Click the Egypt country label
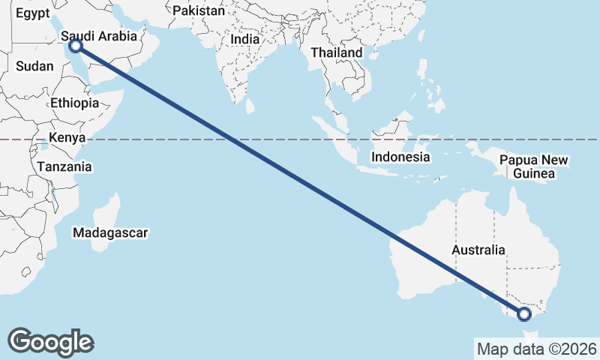pos(33,14)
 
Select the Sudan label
pos(34,66)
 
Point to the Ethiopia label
pos(75,103)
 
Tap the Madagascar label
pos(110,232)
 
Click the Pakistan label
pos(198,11)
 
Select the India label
pos(245,39)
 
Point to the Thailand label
pos(337,52)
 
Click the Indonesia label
pos(401,157)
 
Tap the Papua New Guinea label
pos(534,166)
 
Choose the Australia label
pos(478,250)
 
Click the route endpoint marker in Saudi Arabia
pos(75,46)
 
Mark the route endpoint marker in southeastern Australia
pos(524,314)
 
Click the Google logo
pos(50,342)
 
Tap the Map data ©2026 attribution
pos(537,349)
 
